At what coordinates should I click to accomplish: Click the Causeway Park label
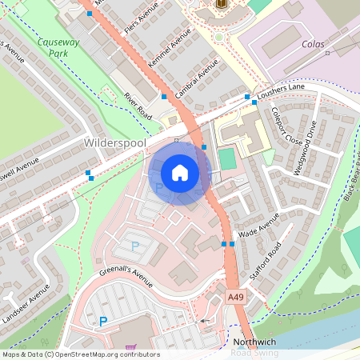point(57,46)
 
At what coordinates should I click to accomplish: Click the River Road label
point(138,105)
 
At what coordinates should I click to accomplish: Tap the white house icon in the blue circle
point(180,173)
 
